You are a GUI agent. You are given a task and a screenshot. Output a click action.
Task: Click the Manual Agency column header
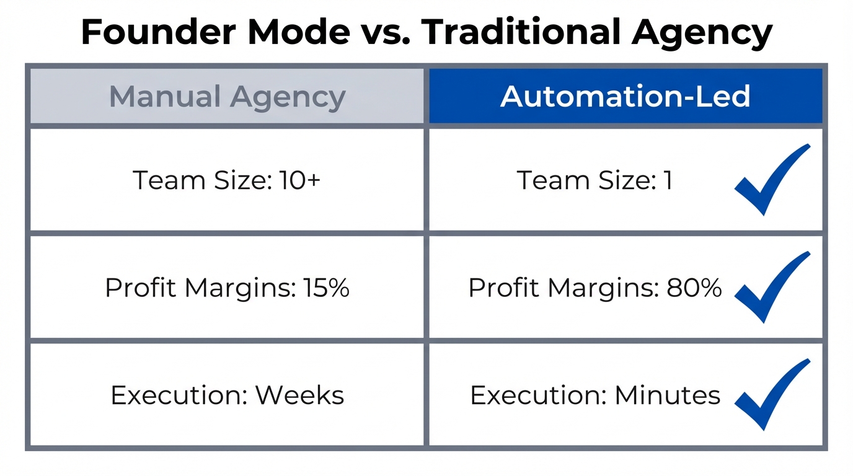(227, 97)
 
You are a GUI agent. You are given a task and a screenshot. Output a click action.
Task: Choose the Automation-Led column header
(625, 97)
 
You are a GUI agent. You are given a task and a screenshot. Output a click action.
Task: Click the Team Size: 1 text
(594, 180)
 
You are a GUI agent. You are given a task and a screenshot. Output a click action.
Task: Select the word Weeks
(300, 395)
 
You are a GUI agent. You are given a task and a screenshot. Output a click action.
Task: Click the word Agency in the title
(702, 33)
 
